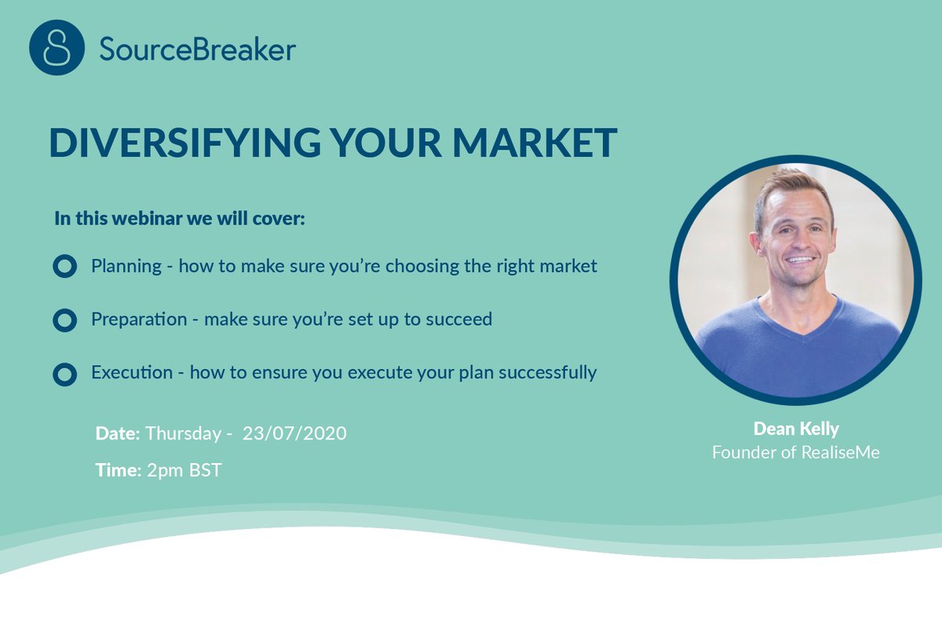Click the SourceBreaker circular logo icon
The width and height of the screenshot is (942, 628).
57,48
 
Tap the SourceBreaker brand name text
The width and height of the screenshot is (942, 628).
197,49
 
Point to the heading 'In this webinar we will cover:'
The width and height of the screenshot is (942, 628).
180,218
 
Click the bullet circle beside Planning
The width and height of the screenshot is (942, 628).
64,267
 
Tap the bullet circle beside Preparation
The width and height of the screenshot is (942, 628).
64,320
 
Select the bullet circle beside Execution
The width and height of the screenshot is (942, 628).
64,374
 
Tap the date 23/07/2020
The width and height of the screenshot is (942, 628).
294,433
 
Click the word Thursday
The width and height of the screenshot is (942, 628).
182,433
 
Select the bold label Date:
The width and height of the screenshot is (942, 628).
118,433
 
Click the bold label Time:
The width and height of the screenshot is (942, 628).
118,471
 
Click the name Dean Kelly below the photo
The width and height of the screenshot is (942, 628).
796,429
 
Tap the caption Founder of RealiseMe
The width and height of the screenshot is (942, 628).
796,453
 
